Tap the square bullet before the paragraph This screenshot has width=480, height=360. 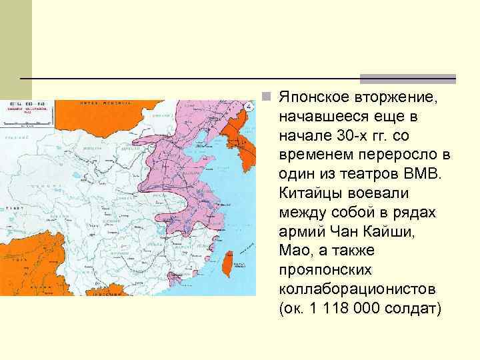click(266, 97)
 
